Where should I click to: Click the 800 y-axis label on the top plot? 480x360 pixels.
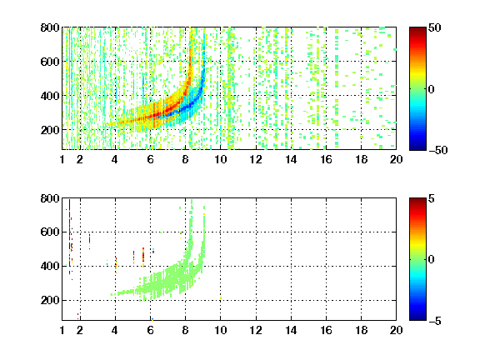pos(50,27)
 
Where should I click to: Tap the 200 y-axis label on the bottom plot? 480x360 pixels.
pos(50,300)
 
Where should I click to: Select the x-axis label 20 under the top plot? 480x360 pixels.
pos(396,159)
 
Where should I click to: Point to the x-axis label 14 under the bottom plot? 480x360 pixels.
pos(291,330)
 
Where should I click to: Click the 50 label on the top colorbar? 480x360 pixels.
pos(435,27)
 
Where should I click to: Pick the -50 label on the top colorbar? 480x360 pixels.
pos(437,150)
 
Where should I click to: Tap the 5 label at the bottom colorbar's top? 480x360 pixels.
pos(432,198)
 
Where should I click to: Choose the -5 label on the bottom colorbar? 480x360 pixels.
pos(435,321)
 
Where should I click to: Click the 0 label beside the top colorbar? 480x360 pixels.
pos(432,89)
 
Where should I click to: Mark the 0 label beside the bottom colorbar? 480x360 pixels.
pos(432,260)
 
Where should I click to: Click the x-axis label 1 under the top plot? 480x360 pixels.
pos(62,159)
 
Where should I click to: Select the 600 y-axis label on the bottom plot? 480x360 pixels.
pos(50,232)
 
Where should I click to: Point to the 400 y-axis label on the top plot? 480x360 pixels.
pos(50,96)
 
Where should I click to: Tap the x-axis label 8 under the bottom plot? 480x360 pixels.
pos(185,330)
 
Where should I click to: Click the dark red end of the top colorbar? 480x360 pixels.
pos(417,29)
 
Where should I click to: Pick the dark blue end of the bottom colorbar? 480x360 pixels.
pos(417,318)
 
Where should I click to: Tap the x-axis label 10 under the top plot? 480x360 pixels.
pos(220,159)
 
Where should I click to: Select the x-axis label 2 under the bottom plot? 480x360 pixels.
pos(80,330)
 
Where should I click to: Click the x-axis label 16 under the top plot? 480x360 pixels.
pos(326,159)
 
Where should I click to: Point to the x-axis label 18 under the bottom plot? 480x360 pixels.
pos(361,330)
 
